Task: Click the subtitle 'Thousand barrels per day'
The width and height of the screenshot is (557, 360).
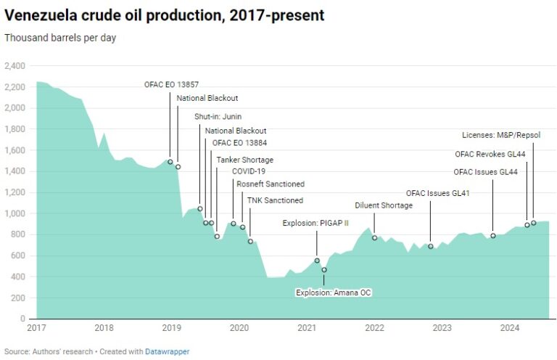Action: coord(60,38)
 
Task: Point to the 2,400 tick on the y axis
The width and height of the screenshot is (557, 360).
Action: coord(15,66)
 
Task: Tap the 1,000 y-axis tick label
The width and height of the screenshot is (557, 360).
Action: coord(15,214)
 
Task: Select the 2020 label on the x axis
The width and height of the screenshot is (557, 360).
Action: coord(239,328)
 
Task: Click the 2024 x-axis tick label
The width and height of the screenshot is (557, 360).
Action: coord(510,328)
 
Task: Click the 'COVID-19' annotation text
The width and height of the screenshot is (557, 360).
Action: coord(248,171)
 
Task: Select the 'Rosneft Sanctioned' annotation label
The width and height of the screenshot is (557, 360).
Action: coord(271,184)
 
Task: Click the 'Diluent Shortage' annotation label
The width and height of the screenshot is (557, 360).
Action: coord(384,205)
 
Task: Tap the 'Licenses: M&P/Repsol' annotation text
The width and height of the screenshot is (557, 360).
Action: coord(501,135)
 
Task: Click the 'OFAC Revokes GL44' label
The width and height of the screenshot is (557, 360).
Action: coord(491,153)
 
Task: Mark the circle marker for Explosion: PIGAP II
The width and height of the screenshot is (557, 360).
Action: coord(317,261)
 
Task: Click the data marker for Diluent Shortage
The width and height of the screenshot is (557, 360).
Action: coord(375,238)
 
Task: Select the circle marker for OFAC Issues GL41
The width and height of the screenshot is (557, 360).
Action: coord(431,246)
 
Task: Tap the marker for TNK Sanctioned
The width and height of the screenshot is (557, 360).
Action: coord(250,241)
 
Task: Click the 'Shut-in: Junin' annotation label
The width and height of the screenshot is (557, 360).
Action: coord(218,117)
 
